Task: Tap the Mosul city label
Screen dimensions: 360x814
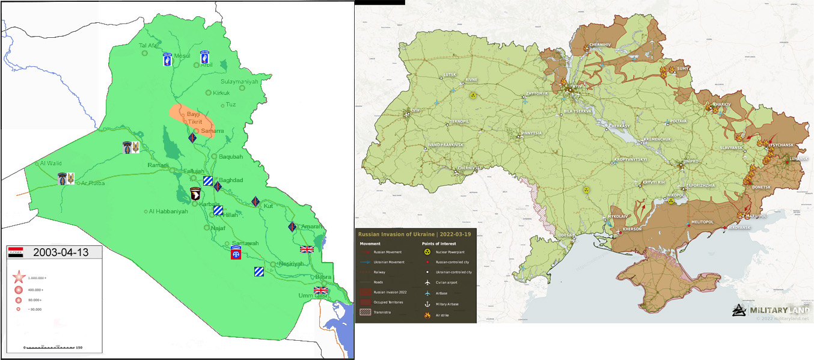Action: click(182, 55)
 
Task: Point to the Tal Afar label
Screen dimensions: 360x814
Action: click(150, 46)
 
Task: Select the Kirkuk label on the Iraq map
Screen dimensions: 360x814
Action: click(222, 93)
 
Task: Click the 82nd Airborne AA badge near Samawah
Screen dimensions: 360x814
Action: click(236, 253)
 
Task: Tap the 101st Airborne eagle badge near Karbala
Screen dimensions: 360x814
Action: click(195, 194)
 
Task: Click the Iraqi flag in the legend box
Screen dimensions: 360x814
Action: click(16, 252)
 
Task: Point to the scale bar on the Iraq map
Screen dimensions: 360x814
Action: click(53, 347)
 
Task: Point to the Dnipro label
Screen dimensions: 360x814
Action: click(691, 162)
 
